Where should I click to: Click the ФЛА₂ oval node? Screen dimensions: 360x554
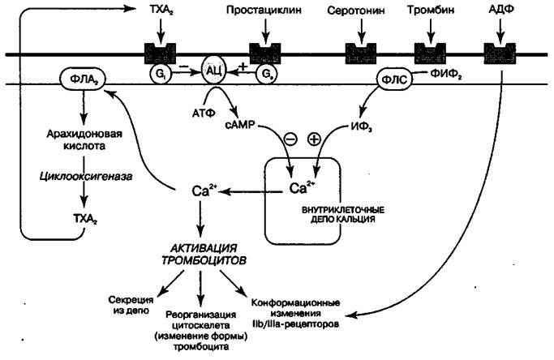pyautogui.click(x=79, y=80)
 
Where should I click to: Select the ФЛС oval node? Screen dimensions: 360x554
pyautogui.click(x=397, y=79)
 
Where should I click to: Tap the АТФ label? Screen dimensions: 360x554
pyautogui.click(x=203, y=108)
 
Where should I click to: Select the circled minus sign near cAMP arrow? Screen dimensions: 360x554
pyautogui.click(x=289, y=139)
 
